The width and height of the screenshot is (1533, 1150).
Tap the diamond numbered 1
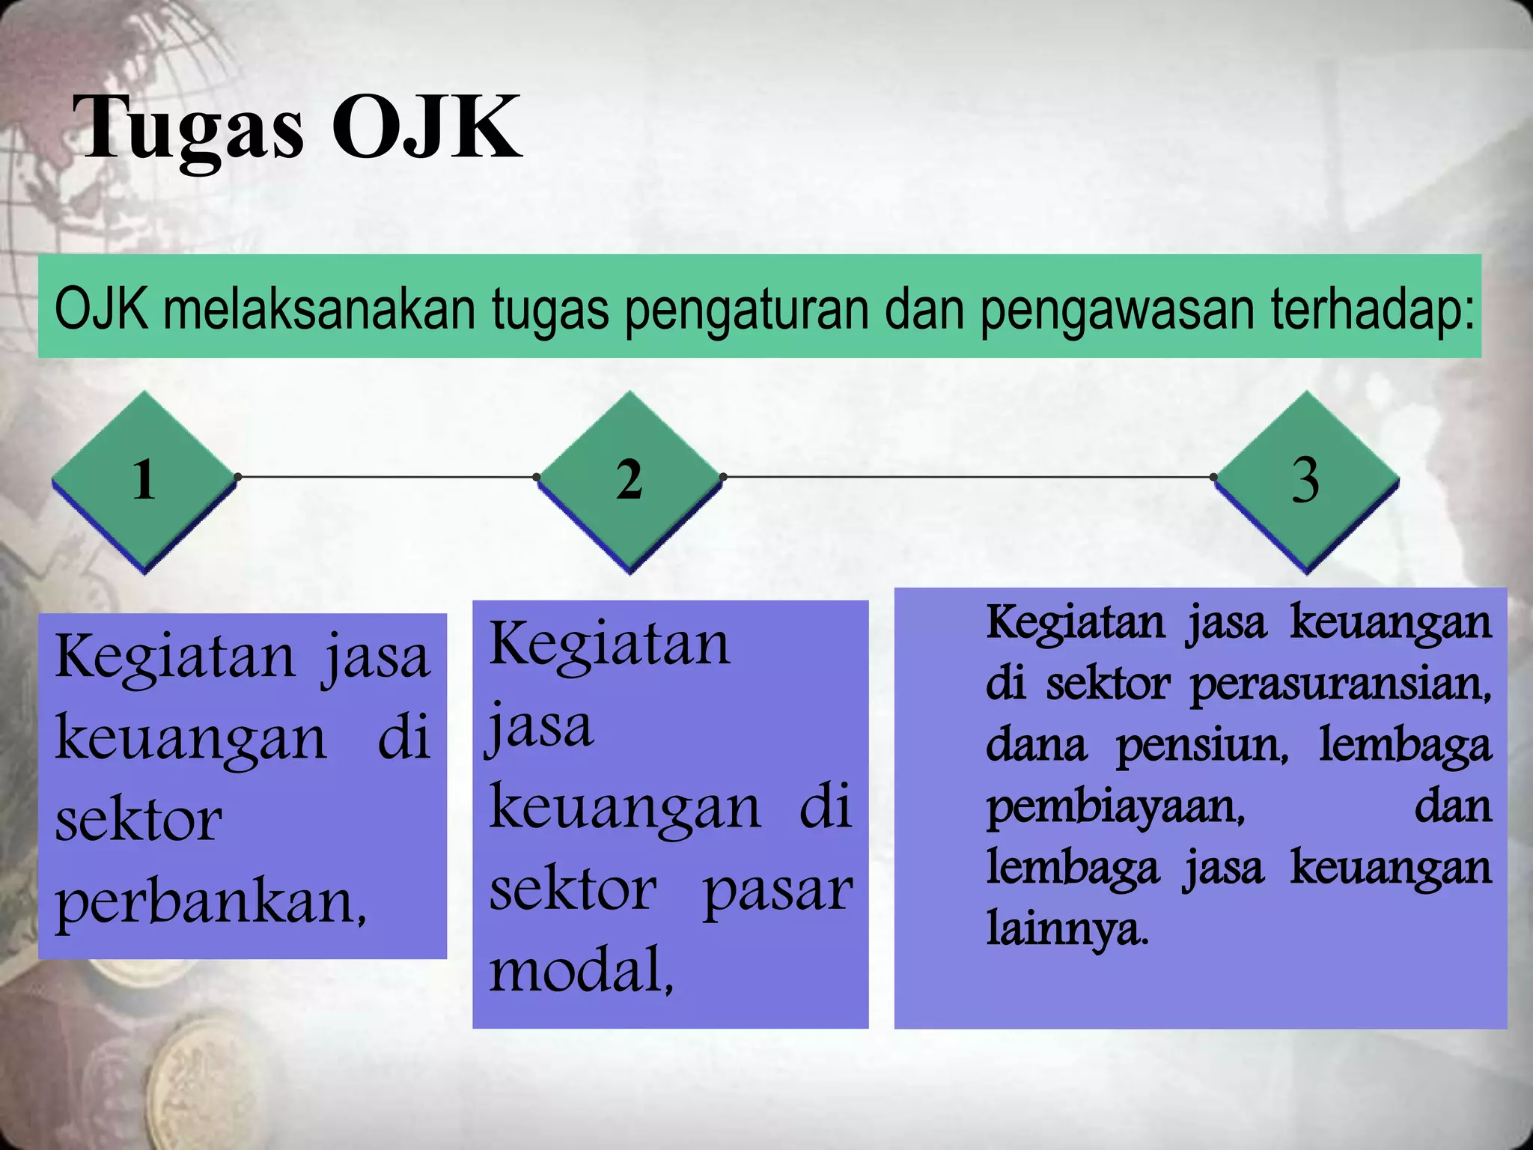(x=144, y=480)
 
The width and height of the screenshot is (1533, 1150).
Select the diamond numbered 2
(x=630, y=480)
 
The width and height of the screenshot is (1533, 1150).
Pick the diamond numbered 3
(x=1306, y=480)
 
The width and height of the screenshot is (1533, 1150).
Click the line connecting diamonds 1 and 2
(x=386, y=476)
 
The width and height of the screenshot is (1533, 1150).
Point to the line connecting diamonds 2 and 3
(x=968, y=476)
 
